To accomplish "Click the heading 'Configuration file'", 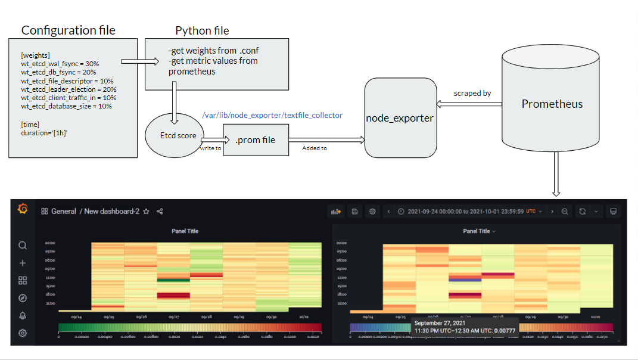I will [x=69, y=30].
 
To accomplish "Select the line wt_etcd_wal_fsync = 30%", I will [x=60, y=63].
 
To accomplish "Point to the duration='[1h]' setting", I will [x=44, y=133].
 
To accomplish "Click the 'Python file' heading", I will [x=202, y=30].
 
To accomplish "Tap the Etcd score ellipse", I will [x=178, y=135].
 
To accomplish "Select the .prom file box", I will [x=256, y=140].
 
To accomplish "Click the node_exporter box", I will [x=400, y=118].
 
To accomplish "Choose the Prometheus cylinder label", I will [x=552, y=104].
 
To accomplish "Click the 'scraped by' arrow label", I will [x=472, y=94].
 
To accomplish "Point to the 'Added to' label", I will [x=315, y=148].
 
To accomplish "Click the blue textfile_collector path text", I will [x=272, y=115].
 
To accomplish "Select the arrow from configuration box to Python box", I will [x=139, y=61].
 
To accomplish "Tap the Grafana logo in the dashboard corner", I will [x=23, y=208].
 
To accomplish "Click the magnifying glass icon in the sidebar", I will [x=23, y=246].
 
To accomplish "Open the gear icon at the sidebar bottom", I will [x=23, y=333].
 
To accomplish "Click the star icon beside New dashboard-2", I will [x=146, y=212].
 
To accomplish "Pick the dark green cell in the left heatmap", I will [x=173, y=279].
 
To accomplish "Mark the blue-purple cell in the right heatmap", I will [x=465, y=279].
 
